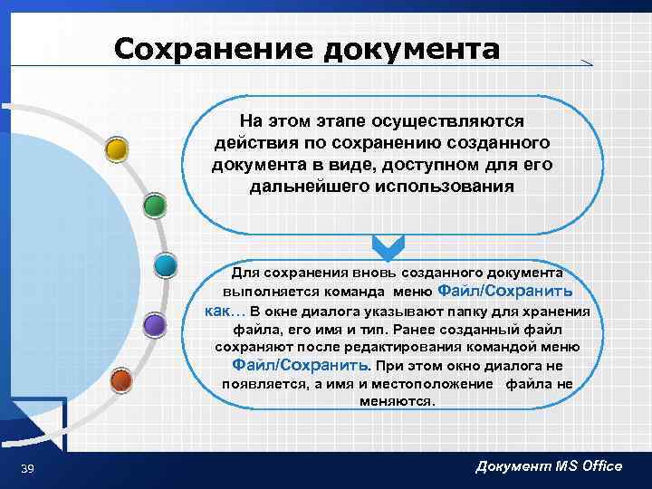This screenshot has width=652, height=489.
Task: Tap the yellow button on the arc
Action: [116, 149]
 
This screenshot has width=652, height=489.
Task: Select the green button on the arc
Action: [155, 206]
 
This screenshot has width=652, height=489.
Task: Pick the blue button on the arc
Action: [165, 265]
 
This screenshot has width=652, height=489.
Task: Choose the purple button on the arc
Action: [155, 324]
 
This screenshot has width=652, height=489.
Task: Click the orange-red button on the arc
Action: [120, 380]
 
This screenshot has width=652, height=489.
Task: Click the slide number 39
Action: [27, 467]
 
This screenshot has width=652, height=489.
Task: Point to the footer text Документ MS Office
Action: [549, 466]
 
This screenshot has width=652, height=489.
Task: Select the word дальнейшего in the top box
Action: [305, 187]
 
